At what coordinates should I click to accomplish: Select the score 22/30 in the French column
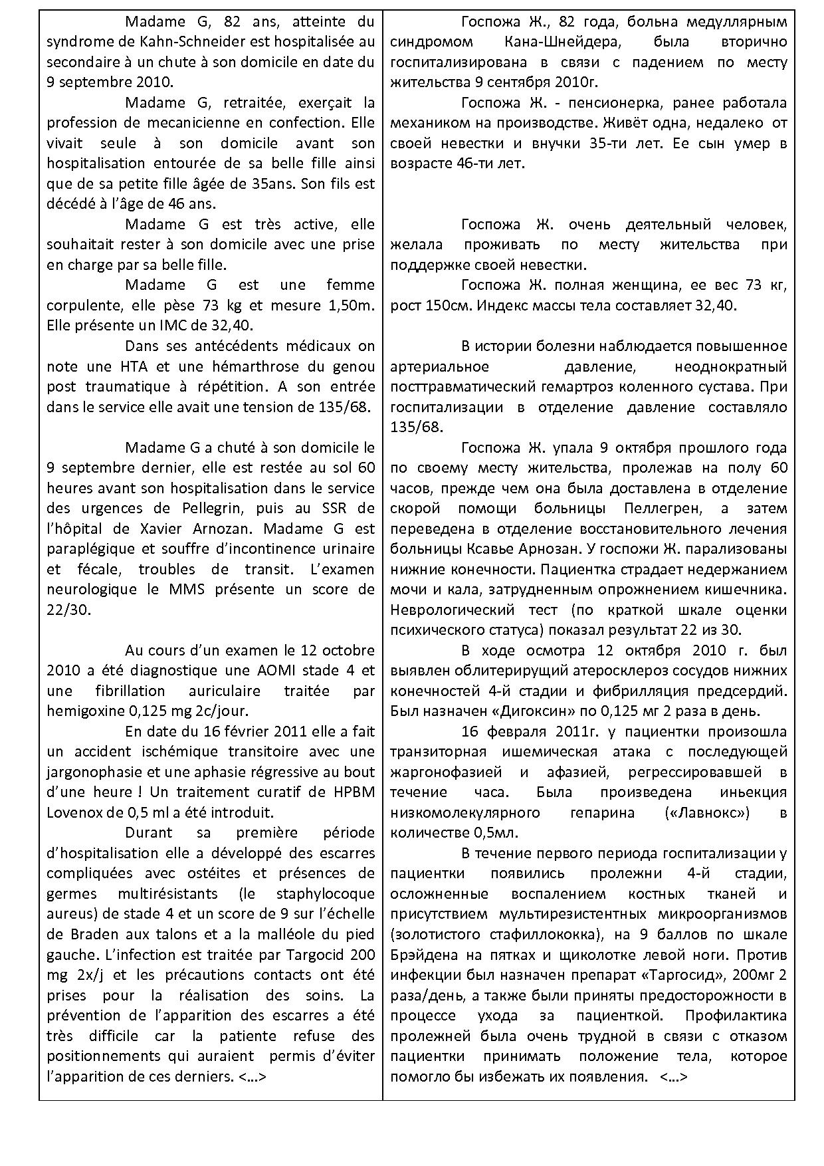pyautogui.click(x=68, y=610)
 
